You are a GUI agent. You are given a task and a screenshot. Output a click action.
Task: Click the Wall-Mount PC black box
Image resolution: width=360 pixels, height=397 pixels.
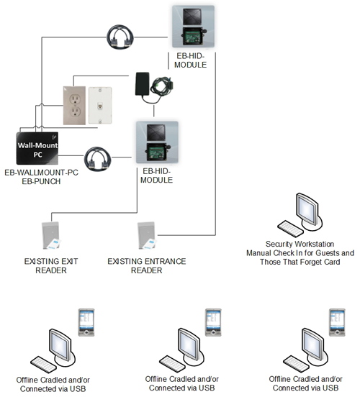[37, 148]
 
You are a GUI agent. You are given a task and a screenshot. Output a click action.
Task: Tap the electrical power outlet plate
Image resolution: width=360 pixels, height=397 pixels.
[74, 106]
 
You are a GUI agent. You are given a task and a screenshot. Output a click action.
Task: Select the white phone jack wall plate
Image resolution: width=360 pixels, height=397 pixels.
[100, 105]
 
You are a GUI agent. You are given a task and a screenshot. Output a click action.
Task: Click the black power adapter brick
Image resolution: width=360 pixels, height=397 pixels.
[143, 84]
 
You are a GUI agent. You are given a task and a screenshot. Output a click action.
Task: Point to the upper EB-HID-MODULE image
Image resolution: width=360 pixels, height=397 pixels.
[193, 27]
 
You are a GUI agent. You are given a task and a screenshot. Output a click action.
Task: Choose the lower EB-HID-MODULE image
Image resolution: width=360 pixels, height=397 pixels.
[157, 142]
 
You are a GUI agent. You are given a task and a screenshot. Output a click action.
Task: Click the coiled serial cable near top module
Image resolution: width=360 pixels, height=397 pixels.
[120, 37]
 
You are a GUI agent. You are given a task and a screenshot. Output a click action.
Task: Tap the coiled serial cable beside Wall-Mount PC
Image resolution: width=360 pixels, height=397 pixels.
[98, 159]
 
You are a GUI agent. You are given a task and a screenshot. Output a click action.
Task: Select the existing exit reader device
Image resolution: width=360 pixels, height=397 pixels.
[52, 235]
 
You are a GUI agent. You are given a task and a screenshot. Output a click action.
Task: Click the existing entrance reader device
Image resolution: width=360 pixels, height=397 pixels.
[147, 236]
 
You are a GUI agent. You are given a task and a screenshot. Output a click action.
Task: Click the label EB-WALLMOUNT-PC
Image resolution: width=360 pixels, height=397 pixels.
[41, 173]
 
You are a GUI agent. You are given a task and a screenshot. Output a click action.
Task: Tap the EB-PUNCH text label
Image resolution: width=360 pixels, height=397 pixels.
[41, 181]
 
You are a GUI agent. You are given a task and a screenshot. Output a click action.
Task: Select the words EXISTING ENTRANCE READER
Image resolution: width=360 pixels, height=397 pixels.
[147, 266]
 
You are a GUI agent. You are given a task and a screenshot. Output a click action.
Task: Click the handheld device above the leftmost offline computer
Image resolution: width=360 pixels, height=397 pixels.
[86, 322]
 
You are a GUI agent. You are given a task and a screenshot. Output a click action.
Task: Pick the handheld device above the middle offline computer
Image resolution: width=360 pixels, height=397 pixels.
[213, 322]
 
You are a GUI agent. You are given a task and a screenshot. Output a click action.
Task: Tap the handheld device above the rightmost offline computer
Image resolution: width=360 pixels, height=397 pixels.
[337, 322]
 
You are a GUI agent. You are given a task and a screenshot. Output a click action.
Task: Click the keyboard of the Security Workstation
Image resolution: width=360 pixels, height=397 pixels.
[290, 229]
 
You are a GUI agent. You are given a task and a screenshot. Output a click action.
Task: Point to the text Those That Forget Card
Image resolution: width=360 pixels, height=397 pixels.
[300, 262]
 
